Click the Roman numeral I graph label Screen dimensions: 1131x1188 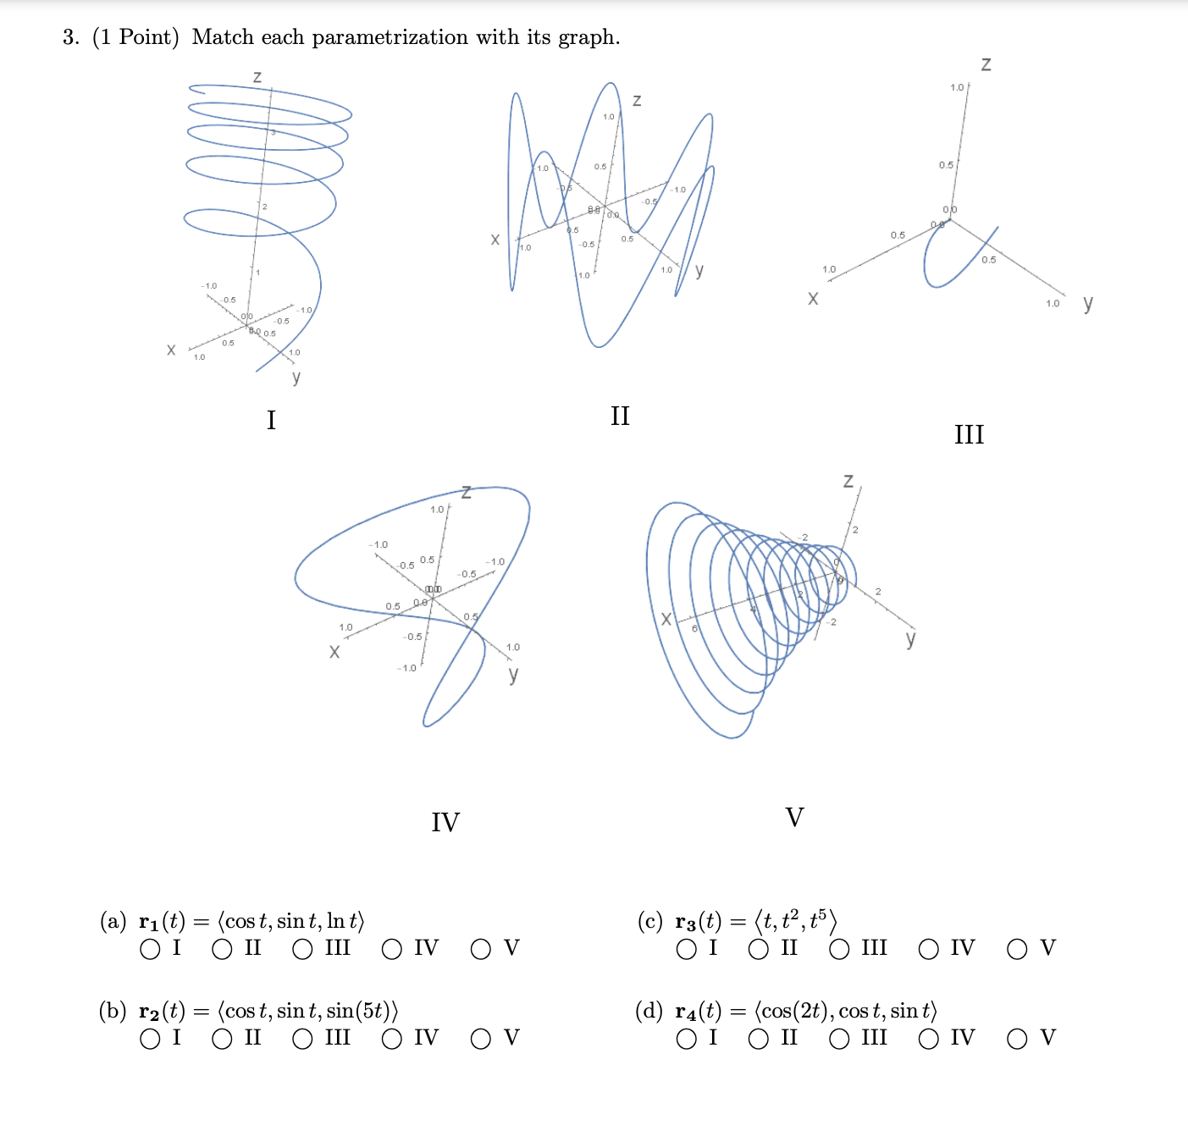pos(271,420)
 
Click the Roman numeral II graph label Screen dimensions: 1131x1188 pos(620,416)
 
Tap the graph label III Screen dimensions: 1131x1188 pos(969,434)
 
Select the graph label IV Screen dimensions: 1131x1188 pos(445,822)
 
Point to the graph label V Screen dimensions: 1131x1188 pos(794,817)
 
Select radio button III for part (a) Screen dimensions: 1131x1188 pos(303,949)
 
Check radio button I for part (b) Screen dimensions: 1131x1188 pos(151,1039)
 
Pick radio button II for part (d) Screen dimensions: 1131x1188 pos(759,1039)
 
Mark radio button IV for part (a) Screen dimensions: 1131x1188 pos(392,949)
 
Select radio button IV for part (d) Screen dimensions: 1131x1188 pos(929,1039)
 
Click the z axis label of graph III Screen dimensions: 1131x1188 pos(986,64)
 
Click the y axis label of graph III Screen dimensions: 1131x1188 pos(1088,302)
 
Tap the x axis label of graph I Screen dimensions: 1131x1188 pos(171,350)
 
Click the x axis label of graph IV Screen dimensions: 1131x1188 pos(334,651)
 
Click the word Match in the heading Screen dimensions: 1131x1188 pos(223,37)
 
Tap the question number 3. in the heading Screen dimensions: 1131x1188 pos(71,37)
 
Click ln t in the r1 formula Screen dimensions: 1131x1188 pos(344,921)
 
